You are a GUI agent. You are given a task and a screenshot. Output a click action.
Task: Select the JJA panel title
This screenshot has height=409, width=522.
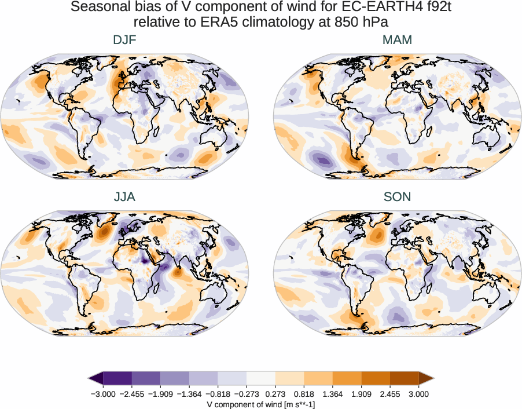click(125, 197)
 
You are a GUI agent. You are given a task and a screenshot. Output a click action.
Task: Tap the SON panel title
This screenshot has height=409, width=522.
click(397, 197)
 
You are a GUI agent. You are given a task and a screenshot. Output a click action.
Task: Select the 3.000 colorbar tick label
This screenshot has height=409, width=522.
click(418, 394)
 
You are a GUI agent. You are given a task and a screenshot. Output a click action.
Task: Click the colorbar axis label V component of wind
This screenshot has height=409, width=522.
click(261, 404)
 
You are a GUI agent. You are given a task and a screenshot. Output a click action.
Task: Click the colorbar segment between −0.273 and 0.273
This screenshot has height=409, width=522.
click(260, 378)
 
